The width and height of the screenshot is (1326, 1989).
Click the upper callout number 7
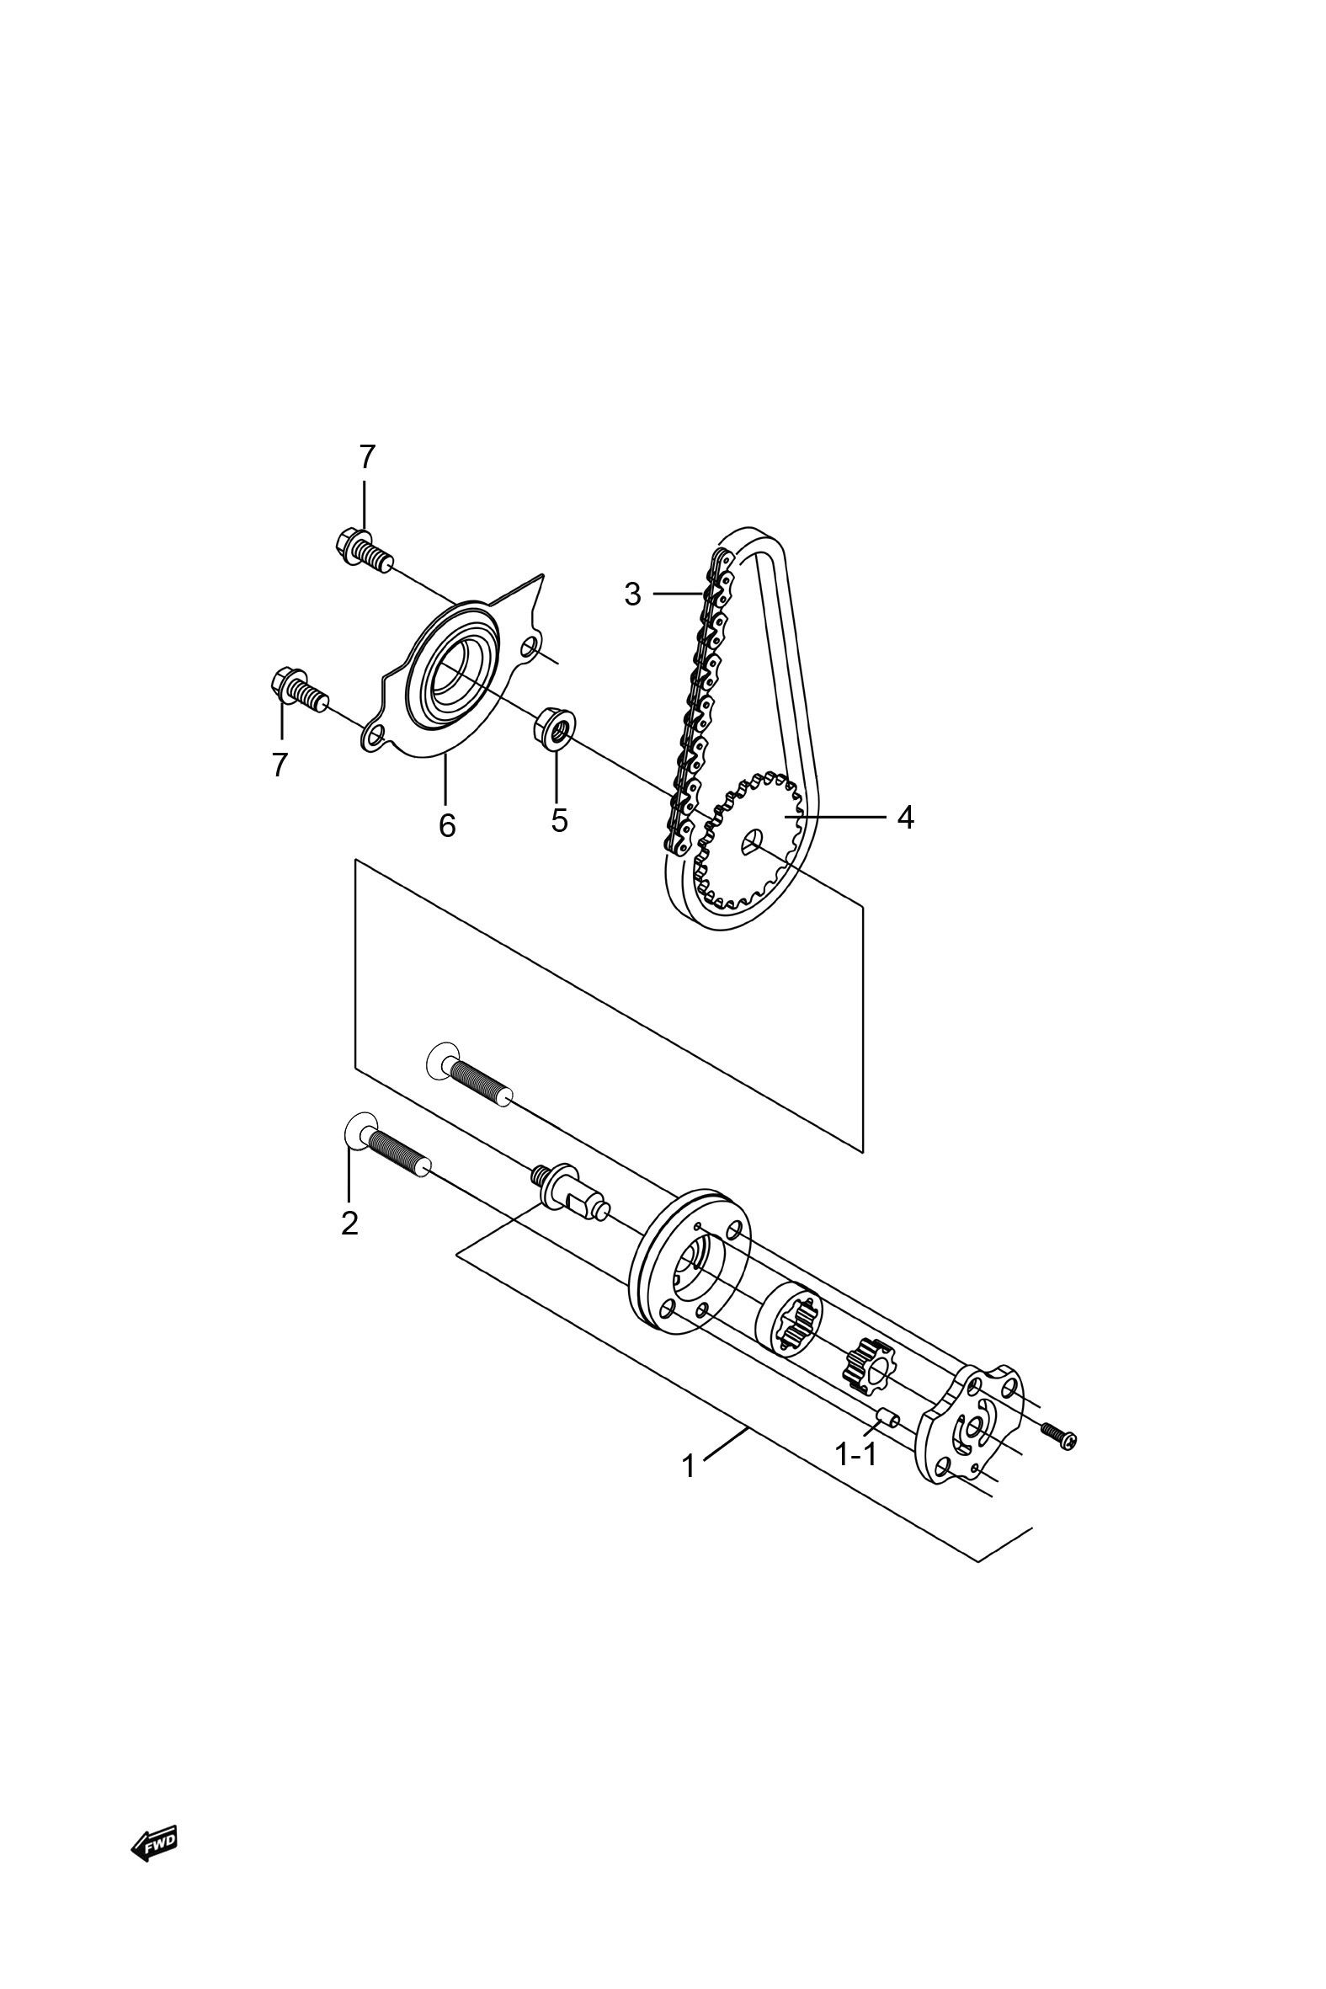365,456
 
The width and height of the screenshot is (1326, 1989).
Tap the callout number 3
632,595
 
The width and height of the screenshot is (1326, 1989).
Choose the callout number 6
446,825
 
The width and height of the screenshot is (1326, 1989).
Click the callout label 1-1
856,1454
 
